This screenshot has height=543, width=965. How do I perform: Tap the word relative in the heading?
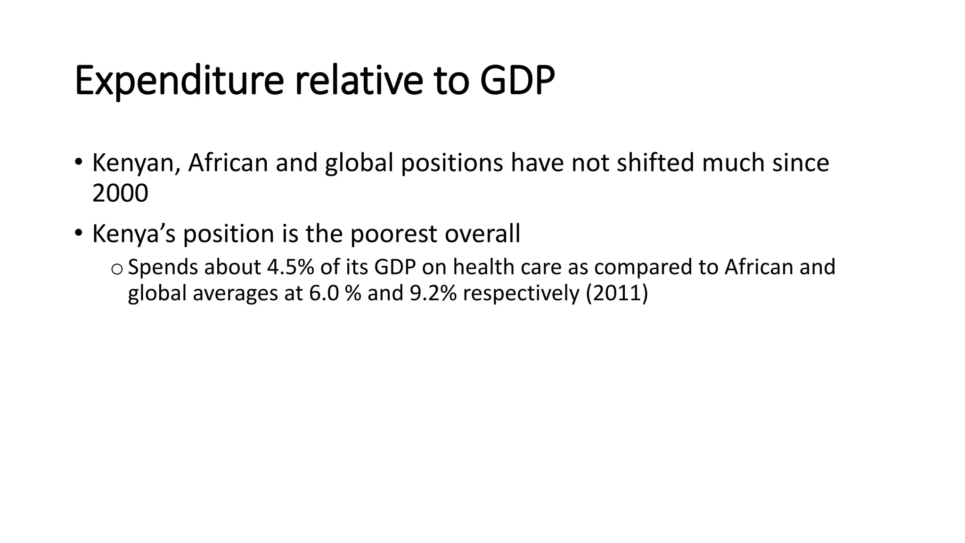click(359, 81)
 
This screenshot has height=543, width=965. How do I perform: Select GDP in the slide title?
click(517, 81)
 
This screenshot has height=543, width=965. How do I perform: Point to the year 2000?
click(120, 193)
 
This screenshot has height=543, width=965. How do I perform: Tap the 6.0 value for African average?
click(324, 293)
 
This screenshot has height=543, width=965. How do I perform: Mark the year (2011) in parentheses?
click(617, 293)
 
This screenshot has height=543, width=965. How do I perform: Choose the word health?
click(484, 267)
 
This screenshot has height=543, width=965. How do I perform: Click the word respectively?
click(521, 293)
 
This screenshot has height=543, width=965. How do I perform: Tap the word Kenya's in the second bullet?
click(134, 234)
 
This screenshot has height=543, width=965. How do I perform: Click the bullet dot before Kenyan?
click(78, 162)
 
